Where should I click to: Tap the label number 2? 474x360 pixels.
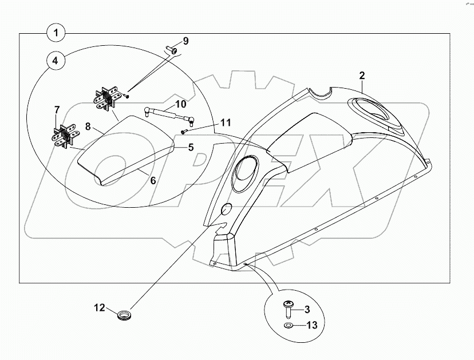pyautogui.click(x=362, y=76)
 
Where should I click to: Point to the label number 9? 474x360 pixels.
pyautogui.click(x=185, y=41)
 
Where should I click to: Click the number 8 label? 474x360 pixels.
pyautogui.click(x=88, y=126)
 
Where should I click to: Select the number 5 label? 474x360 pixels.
pyautogui.click(x=191, y=147)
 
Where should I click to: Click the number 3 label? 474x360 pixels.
pyautogui.click(x=307, y=310)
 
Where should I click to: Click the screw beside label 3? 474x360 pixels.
pyautogui.click(x=289, y=309)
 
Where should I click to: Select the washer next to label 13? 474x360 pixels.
pyautogui.click(x=289, y=326)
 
